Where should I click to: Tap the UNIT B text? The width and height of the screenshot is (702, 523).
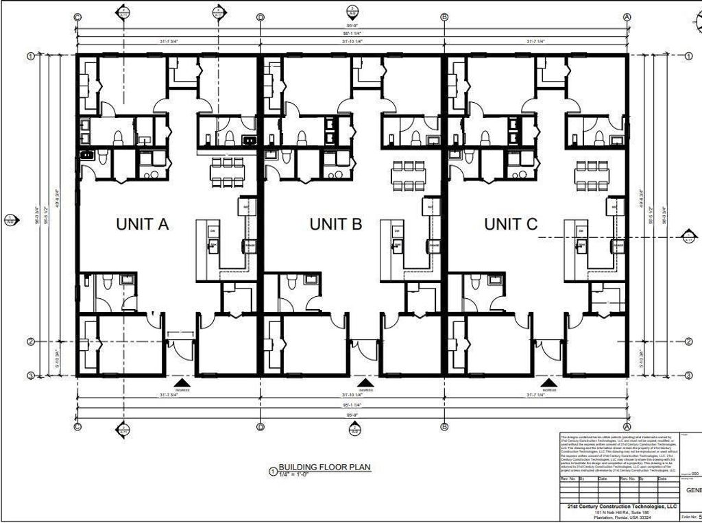[336, 223]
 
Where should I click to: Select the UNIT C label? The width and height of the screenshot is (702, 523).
[511, 223]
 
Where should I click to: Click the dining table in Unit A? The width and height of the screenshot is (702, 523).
[226, 172]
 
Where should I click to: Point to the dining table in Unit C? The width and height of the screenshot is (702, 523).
[591, 175]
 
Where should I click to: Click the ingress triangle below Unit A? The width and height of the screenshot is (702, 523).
[182, 382]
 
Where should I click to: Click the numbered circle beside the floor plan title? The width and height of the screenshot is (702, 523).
[273, 471]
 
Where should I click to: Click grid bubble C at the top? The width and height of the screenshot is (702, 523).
[77, 17]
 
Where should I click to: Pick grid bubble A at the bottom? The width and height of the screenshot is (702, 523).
[627, 426]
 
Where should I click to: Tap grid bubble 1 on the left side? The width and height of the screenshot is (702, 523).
[31, 56]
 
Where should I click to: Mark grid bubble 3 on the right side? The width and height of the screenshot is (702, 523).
[688, 375]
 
